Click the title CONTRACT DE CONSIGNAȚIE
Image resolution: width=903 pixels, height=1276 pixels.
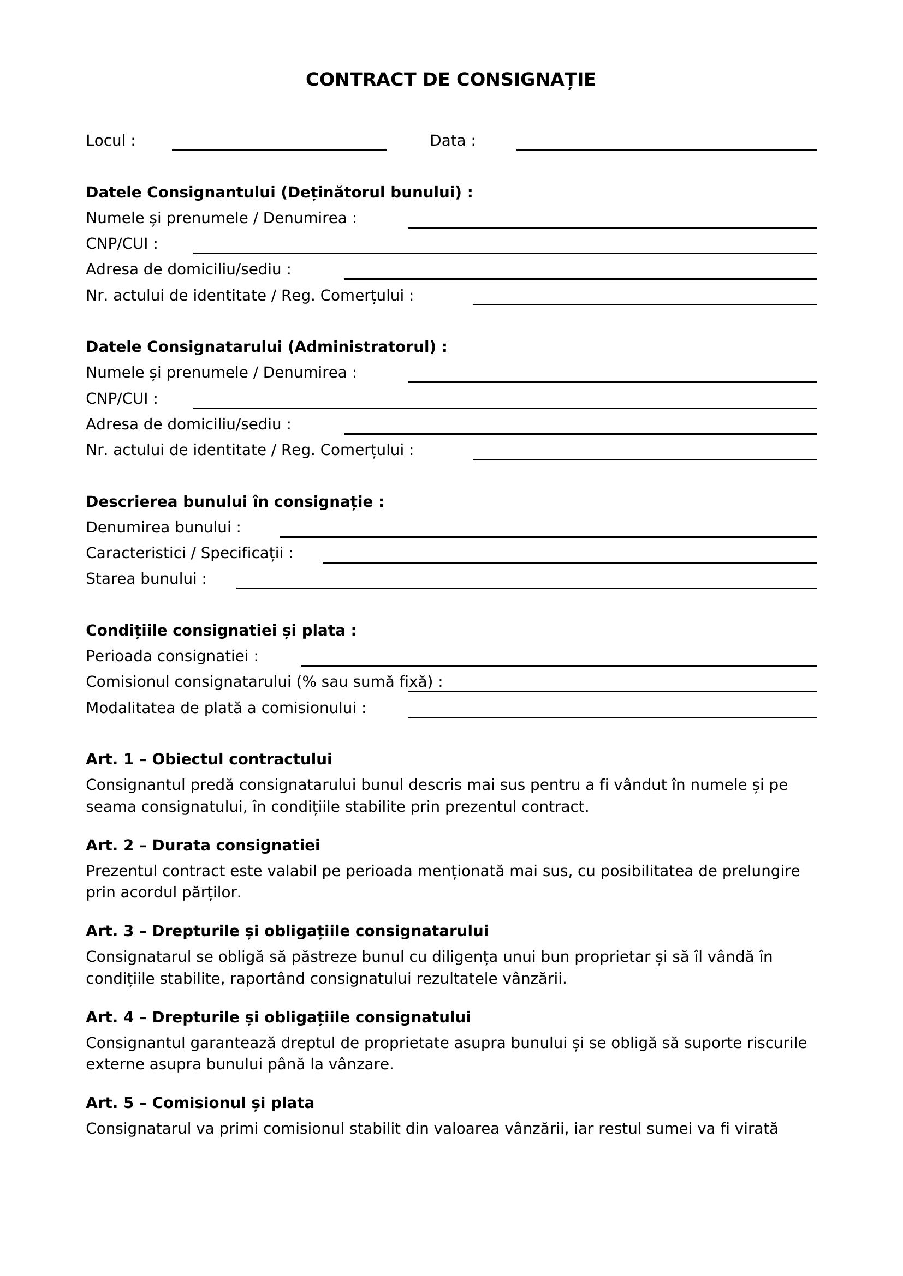[x=450, y=80]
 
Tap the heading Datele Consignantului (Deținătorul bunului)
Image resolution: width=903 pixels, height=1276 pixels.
[x=279, y=192]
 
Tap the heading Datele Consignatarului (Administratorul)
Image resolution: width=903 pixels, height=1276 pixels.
[x=266, y=347]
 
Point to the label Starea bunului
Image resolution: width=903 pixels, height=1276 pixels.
[x=146, y=579]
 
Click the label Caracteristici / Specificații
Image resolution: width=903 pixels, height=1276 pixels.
[x=189, y=554]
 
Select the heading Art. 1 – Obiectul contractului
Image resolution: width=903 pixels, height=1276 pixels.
[x=209, y=759]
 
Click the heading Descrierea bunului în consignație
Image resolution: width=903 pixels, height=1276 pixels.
[x=235, y=502]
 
